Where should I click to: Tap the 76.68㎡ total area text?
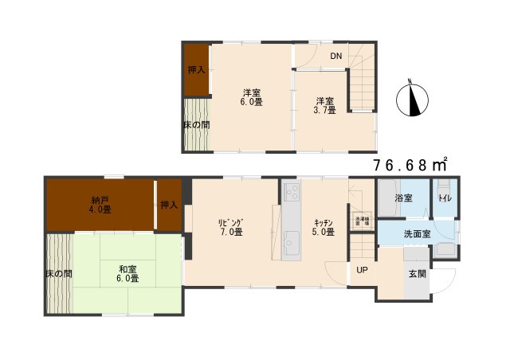(410, 165)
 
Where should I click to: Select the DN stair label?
(336, 56)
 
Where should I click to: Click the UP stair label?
(362, 270)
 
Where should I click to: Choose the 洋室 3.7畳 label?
(324, 105)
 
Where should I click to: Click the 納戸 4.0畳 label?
(100, 204)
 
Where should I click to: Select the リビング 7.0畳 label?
(231, 227)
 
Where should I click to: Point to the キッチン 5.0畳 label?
(323, 227)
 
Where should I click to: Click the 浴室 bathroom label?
(402, 198)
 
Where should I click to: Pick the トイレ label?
(445, 198)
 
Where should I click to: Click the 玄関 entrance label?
(417, 274)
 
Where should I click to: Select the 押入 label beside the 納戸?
(168, 205)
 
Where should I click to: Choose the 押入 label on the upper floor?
(196, 70)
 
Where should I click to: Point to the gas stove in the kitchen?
(291, 192)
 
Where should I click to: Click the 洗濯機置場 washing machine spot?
(362, 221)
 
